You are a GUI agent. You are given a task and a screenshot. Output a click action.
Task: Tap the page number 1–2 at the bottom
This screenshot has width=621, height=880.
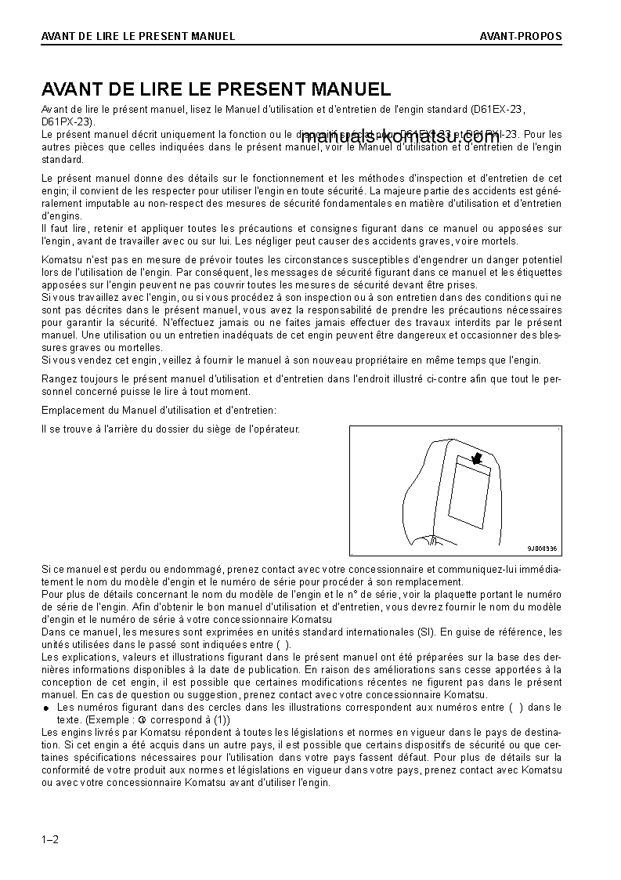50,840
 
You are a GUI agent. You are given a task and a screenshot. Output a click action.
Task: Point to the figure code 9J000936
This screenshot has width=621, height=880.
541,549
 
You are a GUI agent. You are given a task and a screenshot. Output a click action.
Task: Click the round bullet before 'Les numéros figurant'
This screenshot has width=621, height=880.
46,708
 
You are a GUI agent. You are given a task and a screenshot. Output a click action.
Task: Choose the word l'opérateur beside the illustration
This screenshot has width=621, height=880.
274,429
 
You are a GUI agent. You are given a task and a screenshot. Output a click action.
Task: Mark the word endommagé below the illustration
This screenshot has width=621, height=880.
192,569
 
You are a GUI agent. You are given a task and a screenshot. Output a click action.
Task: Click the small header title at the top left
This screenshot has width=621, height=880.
138,36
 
